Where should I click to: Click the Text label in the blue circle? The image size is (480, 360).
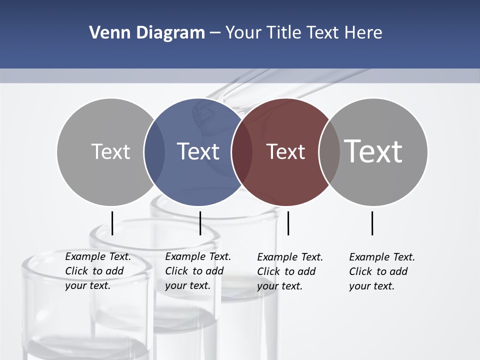tap(198, 151)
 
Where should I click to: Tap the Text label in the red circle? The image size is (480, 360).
tap(285, 151)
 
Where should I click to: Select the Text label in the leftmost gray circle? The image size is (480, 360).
tap(110, 151)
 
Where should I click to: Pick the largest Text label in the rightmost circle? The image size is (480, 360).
tap(373, 151)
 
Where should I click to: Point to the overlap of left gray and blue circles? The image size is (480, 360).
tap(154, 151)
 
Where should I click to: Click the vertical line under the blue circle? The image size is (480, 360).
tap(200, 223)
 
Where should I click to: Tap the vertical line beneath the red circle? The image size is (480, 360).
tap(288, 223)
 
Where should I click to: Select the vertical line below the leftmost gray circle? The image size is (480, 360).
tap(112, 223)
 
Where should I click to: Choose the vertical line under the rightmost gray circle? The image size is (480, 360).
tap(372, 223)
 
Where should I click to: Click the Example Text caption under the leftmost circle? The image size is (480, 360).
tap(97, 271)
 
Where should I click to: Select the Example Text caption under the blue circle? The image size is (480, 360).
tap(197, 271)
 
